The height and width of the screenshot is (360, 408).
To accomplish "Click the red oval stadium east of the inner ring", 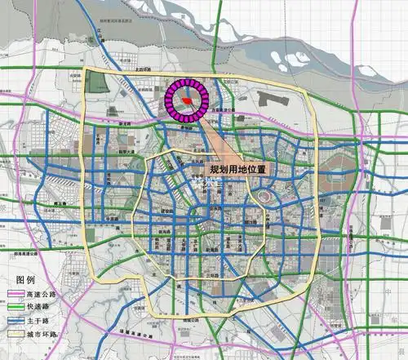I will click(264, 196).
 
